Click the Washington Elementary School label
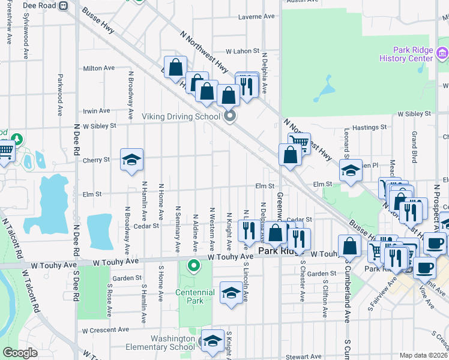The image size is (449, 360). coord(160,343)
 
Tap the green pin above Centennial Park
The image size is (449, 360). coord(193,265)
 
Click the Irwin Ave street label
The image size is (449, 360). coord(97,111)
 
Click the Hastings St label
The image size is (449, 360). coord(370,127)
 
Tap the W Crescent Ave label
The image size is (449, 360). coord(106,330)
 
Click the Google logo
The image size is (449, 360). coord(20,353)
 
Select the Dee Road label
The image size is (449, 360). coord(41,5)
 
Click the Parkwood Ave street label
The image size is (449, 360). coord(60,95)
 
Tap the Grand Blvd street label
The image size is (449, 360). coord(414,148)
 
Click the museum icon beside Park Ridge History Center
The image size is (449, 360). coord(442,53)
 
